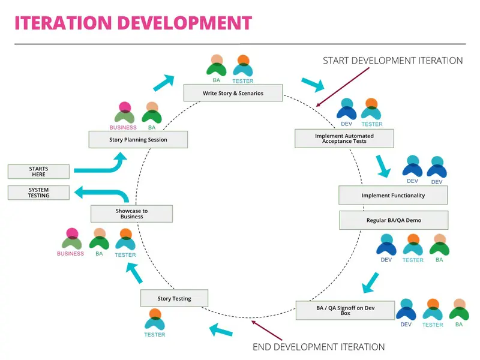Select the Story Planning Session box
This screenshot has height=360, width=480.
138,140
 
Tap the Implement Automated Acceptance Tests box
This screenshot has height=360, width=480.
344,139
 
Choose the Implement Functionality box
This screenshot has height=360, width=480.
393,196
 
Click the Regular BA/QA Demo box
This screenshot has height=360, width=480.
394,220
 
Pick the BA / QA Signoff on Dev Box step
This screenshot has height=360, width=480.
345,310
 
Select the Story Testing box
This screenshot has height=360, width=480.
174,298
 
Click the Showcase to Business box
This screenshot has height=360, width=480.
131,214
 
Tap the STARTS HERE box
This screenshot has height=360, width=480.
38,172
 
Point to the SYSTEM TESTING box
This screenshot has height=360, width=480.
38,193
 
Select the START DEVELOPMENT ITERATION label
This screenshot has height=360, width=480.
392,61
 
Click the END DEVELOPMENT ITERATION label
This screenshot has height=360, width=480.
319,347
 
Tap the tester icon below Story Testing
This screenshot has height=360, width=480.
155,320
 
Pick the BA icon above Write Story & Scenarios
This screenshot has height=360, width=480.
217,66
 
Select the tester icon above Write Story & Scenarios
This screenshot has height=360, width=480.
242,66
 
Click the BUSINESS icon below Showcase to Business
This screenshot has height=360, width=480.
71,239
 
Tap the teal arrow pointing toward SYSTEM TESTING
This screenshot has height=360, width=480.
102,193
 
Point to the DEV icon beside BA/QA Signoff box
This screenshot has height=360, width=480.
406,310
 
